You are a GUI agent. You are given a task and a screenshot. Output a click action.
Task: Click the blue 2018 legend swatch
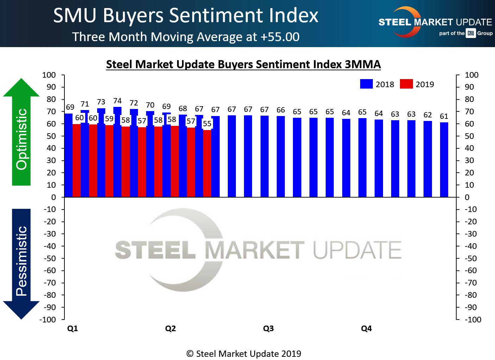click(366, 84)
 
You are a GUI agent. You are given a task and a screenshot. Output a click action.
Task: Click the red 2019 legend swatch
click(406, 84)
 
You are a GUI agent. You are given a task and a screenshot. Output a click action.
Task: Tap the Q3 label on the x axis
click(268, 328)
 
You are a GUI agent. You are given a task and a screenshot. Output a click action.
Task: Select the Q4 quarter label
click(366, 328)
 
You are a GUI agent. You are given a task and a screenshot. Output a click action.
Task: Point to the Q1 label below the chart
click(73, 328)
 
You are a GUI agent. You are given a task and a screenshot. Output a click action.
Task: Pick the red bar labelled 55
click(207, 163)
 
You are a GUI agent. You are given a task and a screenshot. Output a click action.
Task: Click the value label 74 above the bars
click(117, 101)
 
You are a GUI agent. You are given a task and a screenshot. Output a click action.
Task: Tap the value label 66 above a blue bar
click(281, 110)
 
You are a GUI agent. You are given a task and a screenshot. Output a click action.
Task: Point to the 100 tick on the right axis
click(471, 75)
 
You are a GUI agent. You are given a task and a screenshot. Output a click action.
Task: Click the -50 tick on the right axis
click(471, 258)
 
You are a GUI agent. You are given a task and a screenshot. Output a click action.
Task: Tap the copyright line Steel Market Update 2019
click(244, 354)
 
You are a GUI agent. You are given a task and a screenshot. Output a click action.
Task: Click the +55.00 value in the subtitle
click(280, 37)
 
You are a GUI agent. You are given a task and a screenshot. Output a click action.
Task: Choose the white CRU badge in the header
click(471, 33)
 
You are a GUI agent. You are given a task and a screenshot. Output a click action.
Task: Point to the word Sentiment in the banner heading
click(216, 15)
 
